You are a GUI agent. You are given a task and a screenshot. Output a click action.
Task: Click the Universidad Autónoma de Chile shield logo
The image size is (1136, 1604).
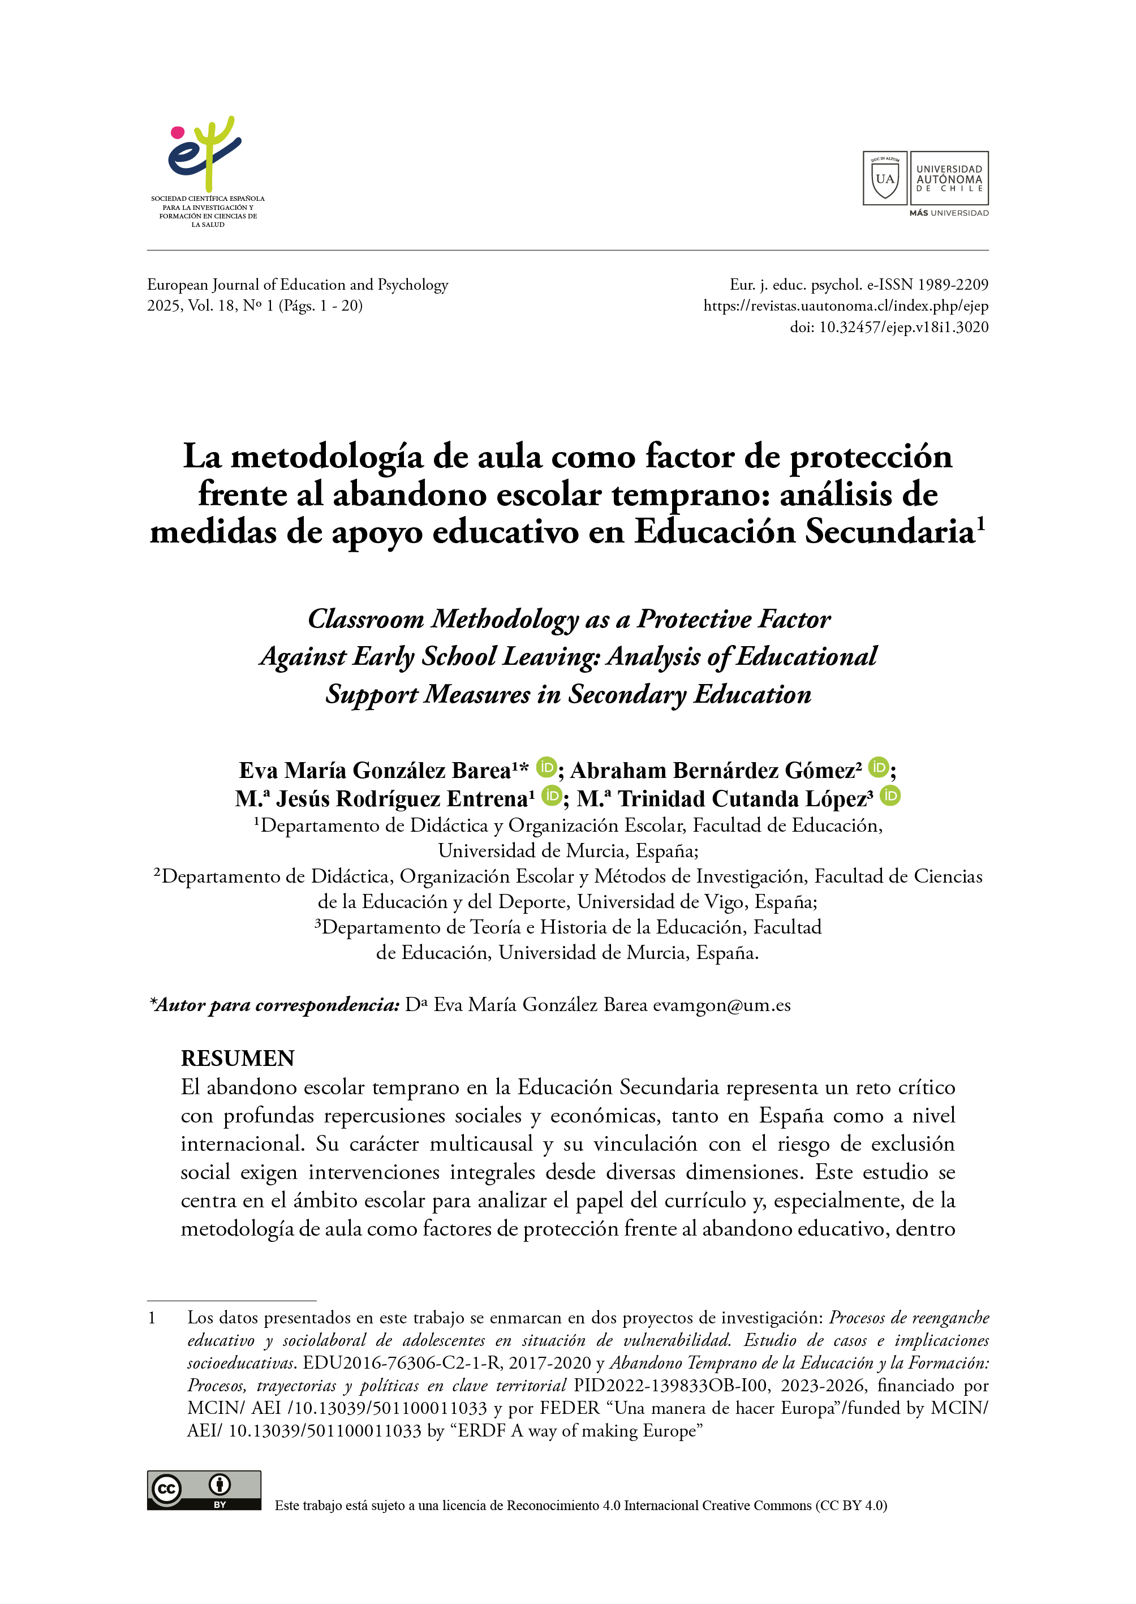(884, 178)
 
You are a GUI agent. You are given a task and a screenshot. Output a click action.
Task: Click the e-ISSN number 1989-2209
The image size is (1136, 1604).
(953, 285)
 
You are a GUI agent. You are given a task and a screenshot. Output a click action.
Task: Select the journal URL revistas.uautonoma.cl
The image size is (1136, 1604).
(846, 306)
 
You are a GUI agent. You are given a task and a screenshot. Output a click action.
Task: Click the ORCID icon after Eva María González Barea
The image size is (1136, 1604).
(547, 767)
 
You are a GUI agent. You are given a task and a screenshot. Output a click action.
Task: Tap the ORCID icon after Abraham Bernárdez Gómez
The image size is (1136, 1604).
(879, 767)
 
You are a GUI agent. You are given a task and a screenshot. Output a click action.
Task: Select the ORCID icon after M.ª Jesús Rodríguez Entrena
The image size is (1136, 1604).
(552, 796)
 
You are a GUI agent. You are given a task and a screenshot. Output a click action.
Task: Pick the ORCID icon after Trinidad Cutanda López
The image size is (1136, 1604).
(890, 796)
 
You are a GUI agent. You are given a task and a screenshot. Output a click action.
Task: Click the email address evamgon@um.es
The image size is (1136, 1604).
(721, 1005)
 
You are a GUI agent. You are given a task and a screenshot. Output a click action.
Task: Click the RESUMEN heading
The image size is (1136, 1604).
(238, 1059)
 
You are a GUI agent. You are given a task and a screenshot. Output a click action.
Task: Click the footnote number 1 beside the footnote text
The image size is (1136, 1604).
(152, 1318)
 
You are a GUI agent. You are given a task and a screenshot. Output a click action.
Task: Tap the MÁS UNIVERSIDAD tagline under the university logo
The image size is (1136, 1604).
(949, 213)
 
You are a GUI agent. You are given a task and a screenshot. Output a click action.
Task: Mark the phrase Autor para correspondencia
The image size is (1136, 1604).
(278, 1005)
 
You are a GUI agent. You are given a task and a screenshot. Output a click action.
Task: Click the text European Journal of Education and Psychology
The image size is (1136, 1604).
(297, 285)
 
